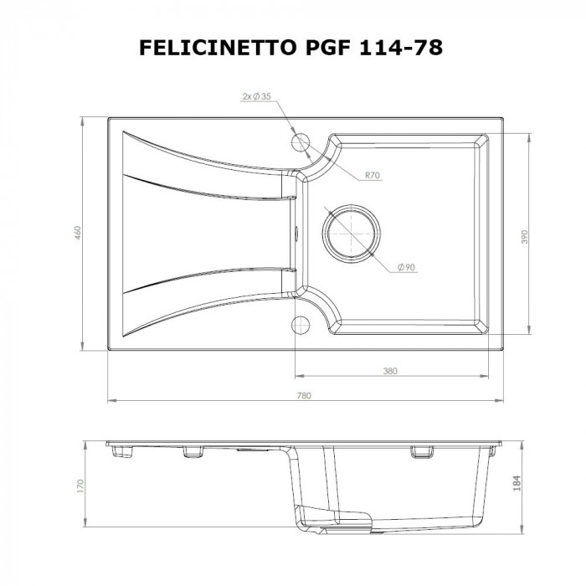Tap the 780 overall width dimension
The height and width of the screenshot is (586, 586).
tap(306, 393)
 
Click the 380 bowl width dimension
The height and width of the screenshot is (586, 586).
tap(389, 369)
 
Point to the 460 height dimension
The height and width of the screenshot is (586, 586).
tap(76, 232)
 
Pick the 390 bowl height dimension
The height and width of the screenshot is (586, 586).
tap(524, 237)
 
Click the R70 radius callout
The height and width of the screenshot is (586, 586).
tap(373, 176)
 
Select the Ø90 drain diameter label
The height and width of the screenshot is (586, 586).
tap(406, 266)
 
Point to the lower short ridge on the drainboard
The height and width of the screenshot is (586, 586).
tap(209, 272)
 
